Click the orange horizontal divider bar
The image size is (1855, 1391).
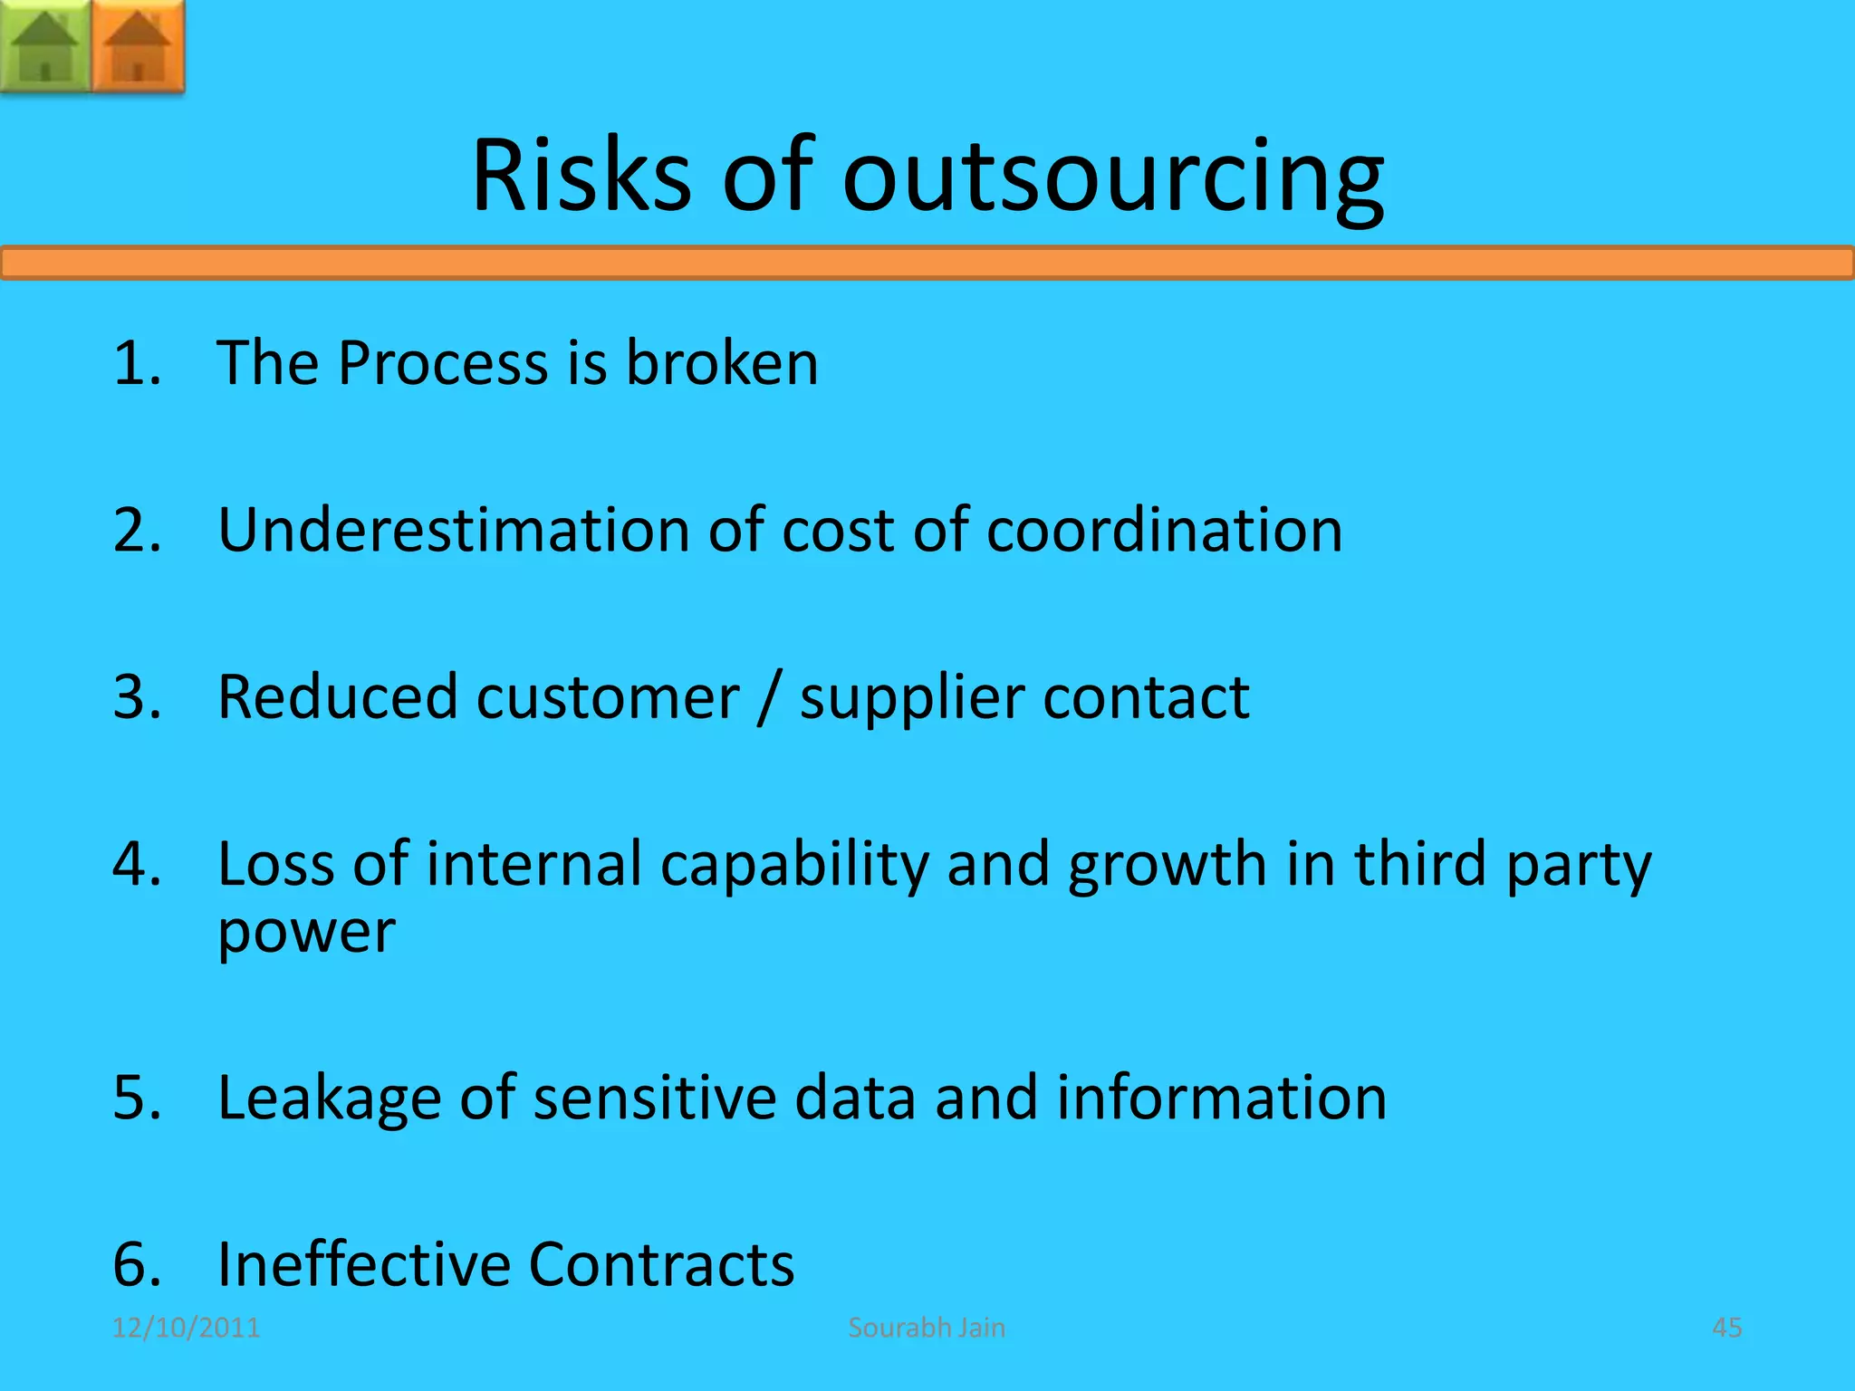coord(927,263)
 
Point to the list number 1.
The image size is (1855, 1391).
coord(136,362)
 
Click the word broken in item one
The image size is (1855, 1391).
coord(722,362)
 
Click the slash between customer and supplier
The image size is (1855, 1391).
coord(769,698)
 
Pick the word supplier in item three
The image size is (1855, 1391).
coord(912,700)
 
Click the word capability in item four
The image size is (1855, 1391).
coord(794,866)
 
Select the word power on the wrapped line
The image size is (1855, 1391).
coord(306,933)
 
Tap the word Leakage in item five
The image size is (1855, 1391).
coord(329,1098)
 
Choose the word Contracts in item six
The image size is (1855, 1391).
coord(661,1264)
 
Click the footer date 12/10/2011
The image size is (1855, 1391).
coord(186,1328)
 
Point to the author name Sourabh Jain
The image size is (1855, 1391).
coord(927,1328)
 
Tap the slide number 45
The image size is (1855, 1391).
coord(1726,1328)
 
